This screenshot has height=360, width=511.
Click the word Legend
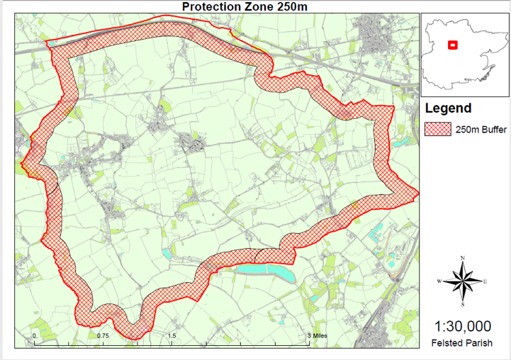447,108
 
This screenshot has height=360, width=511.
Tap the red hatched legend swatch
438,129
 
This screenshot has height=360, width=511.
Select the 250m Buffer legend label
481,130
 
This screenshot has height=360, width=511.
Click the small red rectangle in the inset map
453,45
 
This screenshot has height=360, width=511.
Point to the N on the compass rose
463,257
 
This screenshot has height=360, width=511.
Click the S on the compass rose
463,304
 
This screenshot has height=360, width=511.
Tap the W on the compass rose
439,281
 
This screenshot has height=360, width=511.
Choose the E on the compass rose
485,281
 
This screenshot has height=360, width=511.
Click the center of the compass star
463,281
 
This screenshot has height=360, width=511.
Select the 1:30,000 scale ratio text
462,327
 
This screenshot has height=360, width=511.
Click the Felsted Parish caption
462,344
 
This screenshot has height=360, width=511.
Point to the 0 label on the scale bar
34,335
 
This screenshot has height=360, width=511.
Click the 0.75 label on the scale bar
103,335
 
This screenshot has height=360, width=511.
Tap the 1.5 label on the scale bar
172,335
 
